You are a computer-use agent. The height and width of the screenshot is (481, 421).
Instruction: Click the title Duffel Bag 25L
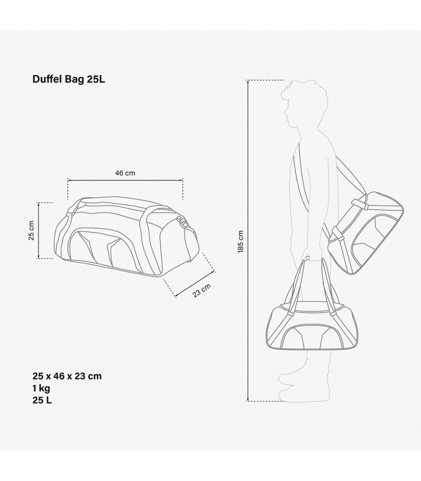69,79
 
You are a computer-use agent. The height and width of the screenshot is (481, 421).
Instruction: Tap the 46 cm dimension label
125,173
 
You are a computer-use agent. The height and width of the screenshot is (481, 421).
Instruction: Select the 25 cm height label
31,230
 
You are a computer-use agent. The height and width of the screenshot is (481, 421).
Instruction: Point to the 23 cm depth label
201,290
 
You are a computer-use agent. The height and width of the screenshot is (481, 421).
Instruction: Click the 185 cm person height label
241,242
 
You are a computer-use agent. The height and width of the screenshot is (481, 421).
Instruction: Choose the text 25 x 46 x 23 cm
67,376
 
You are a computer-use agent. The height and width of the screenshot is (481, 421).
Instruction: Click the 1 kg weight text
41,388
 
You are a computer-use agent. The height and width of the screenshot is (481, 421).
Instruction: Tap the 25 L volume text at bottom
42,400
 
